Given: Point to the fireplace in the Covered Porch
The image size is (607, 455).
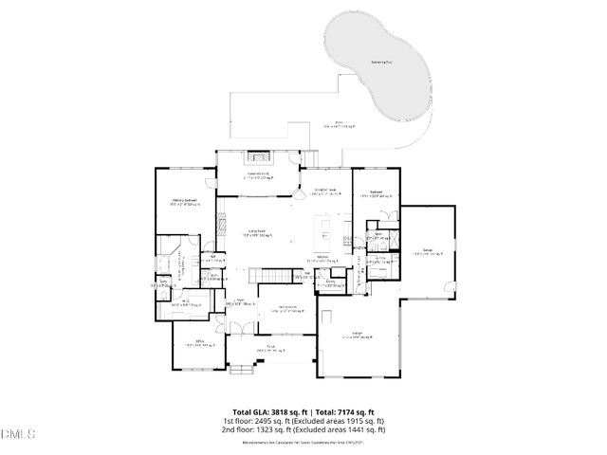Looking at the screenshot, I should (x=259, y=157).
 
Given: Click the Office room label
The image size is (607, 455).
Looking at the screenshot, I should (x=200, y=341).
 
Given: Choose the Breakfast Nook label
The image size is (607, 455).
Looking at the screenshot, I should (x=327, y=191).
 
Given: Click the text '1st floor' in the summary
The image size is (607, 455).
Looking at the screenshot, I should (x=237, y=421).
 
